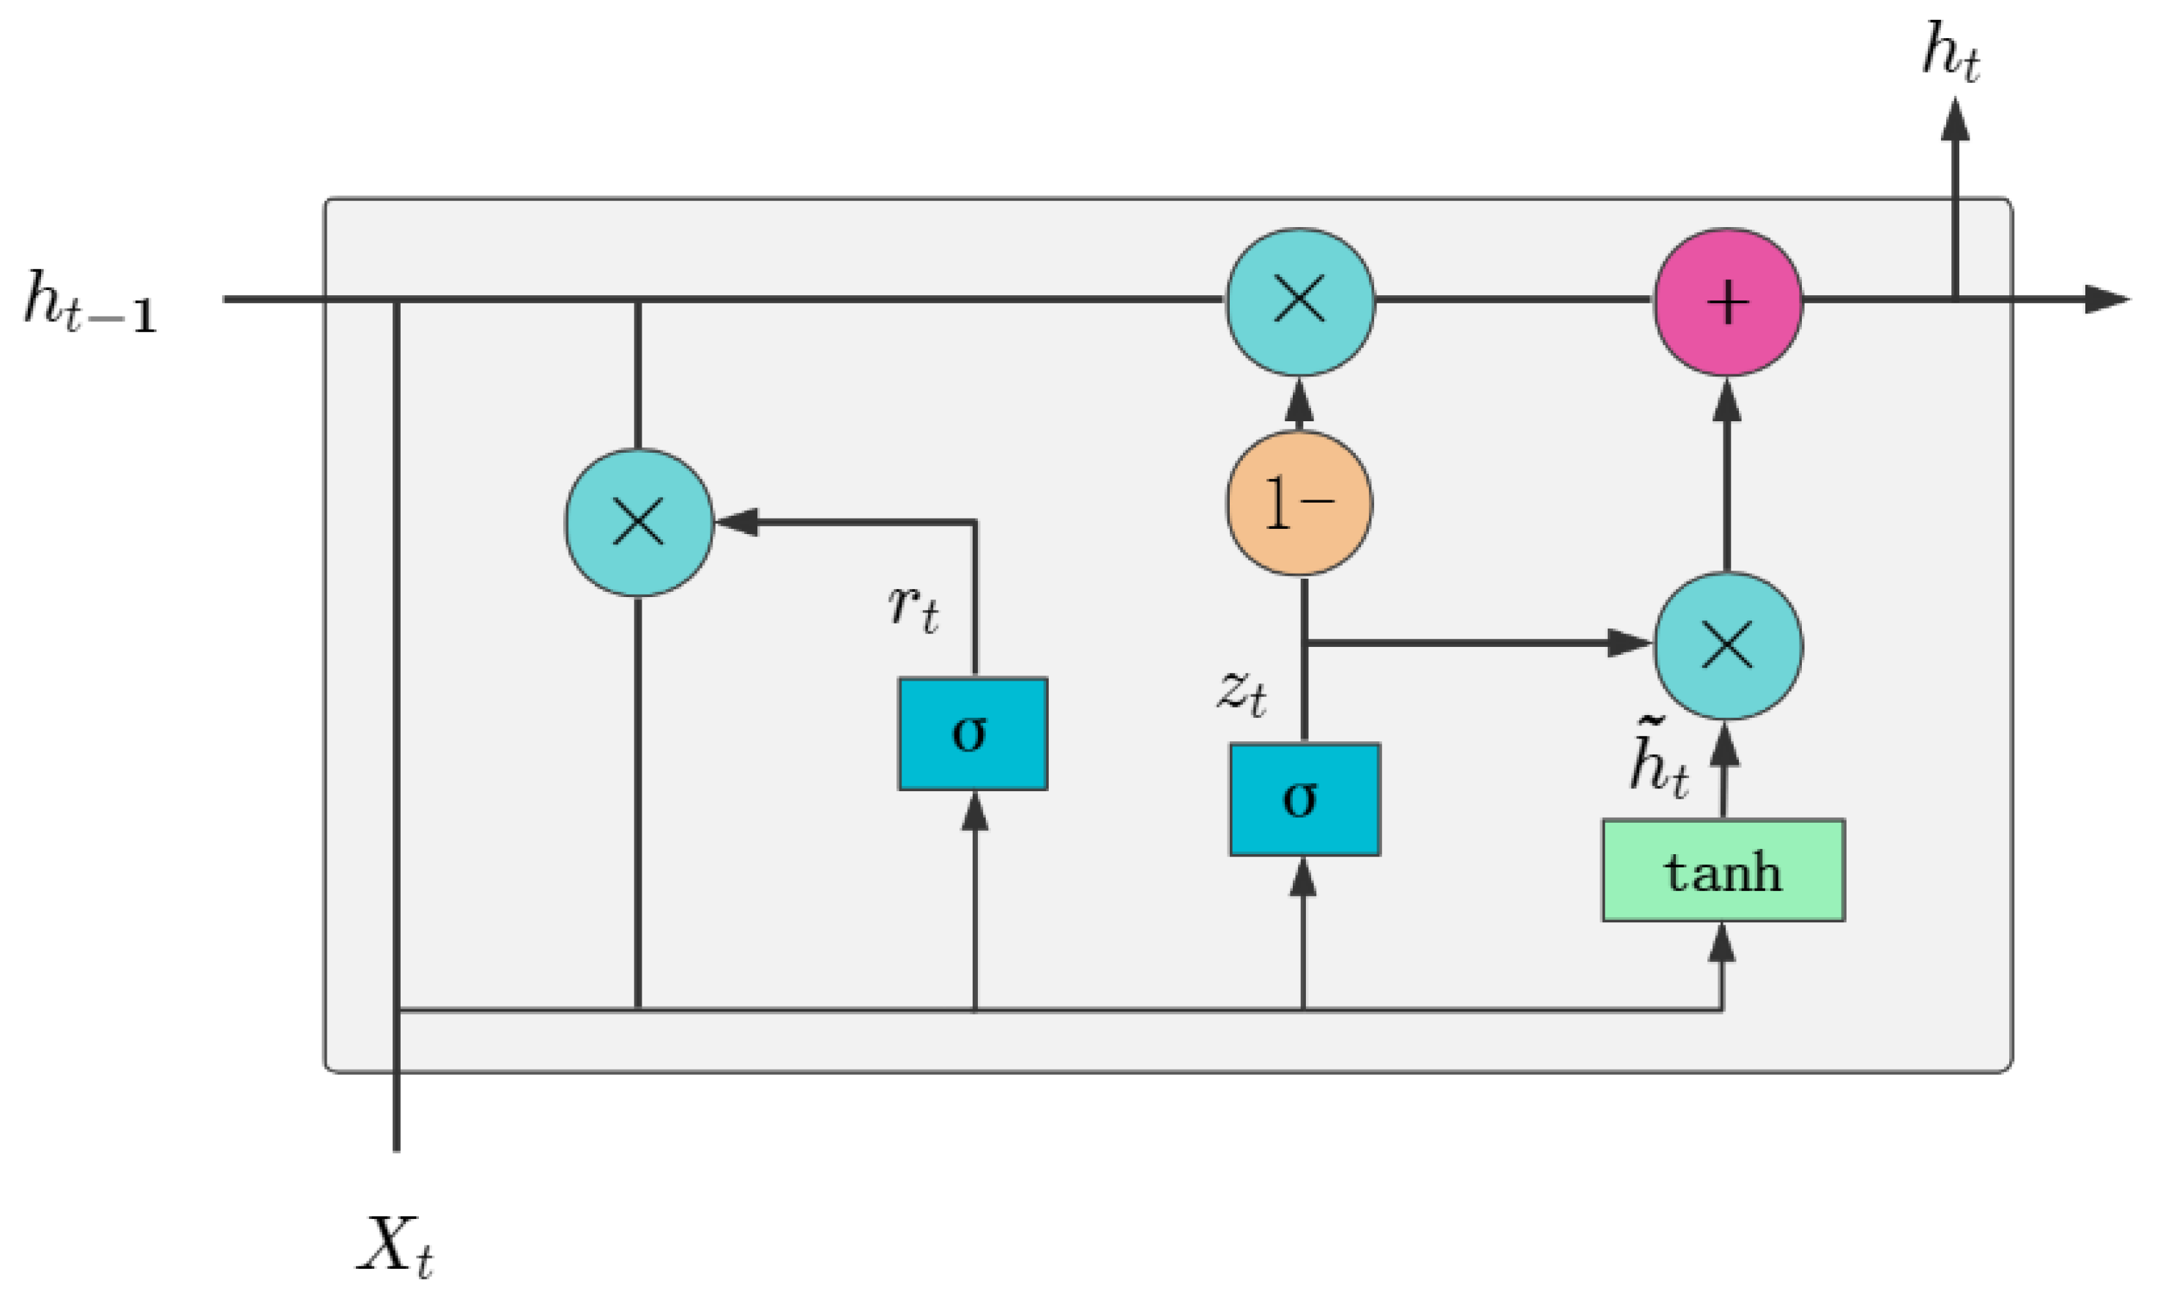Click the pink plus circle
[x=1727, y=303]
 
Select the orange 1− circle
[x=1299, y=503]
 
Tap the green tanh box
[x=1723, y=870]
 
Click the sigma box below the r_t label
[x=972, y=733]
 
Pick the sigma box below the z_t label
[x=1304, y=799]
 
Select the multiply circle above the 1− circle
[x=1299, y=302]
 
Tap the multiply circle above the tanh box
[x=1727, y=645]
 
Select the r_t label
[x=913, y=607]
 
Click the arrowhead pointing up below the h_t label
[x=1955, y=120]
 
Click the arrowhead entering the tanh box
[x=1721, y=943]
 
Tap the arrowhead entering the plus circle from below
[x=1726, y=401]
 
